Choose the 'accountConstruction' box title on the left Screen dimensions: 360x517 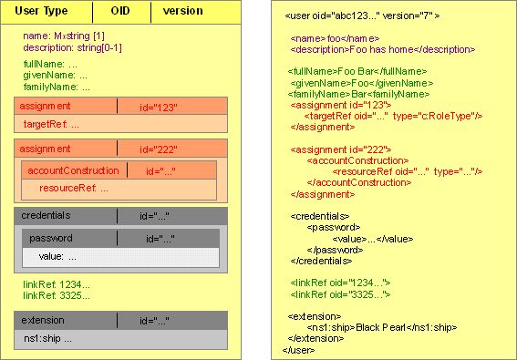click(x=73, y=170)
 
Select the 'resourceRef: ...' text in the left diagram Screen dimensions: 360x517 click(x=74, y=188)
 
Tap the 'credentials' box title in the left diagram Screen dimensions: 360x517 click(x=47, y=215)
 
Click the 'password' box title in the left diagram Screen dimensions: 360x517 click(x=51, y=238)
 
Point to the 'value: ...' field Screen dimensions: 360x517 click(x=57, y=256)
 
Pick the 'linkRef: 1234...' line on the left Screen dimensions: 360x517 click(x=57, y=285)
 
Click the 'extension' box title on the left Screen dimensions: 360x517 click(x=44, y=321)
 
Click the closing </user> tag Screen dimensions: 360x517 click(x=299, y=349)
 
